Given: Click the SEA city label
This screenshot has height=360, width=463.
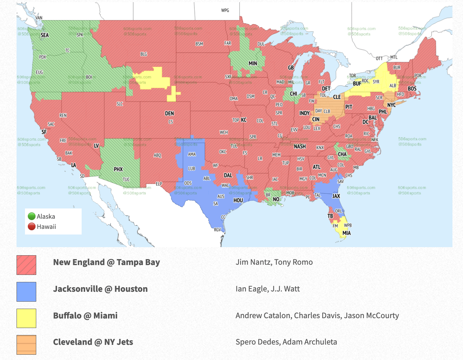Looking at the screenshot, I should tap(45, 35).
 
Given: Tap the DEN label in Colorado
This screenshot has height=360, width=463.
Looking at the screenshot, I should tap(170, 114).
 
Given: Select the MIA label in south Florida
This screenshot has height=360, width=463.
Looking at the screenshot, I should tap(347, 233).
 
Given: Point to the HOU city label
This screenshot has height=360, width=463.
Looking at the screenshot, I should tap(238, 200).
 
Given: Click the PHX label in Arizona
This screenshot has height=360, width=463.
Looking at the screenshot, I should tap(118, 169).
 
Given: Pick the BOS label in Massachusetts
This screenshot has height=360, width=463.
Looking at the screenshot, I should tap(412, 89).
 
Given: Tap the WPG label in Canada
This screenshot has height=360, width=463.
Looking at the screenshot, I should tap(225, 10).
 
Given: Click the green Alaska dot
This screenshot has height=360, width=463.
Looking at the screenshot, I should tap(32, 216).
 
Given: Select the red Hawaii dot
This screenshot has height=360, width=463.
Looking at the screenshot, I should tap(32, 226).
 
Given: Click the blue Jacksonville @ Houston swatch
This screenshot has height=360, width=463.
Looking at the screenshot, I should tap(26, 292).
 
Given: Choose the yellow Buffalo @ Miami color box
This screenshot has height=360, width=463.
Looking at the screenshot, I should tap(26, 318).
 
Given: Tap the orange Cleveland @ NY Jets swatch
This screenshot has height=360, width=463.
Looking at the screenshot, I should tap(26, 345).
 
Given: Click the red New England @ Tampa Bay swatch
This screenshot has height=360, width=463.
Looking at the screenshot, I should tap(26, 265).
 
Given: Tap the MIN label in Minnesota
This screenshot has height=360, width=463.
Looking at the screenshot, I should tap(253, 64).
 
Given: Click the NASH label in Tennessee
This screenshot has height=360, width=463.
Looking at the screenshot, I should tap(300, 147).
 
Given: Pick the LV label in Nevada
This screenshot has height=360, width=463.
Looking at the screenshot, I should tap(96, 146).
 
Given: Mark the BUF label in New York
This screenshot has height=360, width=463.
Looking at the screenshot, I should tap(357, 84).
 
